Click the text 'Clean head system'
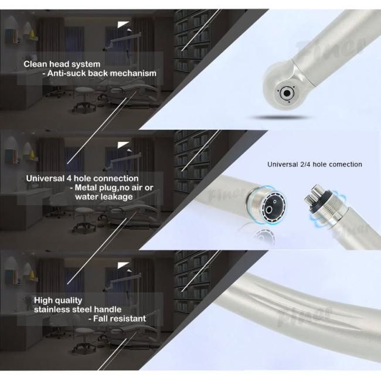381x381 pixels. click(62, 64)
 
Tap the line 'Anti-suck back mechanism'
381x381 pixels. click(100, 73)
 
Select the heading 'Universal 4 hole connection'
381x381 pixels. click(82, 179)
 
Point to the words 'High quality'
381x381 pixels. click(58, 301)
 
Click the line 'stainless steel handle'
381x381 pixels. click(78, 309)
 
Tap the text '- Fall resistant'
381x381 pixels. click(117, 318)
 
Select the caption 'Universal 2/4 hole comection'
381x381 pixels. click(315, 165)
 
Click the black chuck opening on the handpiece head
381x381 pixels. click(287, 93)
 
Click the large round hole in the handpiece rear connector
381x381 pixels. click(269, 210)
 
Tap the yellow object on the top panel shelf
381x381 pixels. click(32, 34)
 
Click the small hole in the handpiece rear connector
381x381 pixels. click(275, 202)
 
